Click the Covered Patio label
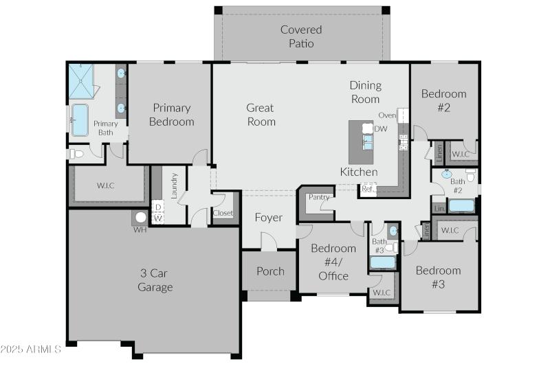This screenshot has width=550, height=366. click(301, 36)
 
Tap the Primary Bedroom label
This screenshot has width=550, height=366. click(172, 115)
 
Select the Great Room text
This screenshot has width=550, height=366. click(261, 115)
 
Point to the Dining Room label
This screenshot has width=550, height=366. click(365, 92)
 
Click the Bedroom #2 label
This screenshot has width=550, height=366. click(443, 100)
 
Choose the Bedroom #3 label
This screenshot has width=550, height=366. click(438, 277)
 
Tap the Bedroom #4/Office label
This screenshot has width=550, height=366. click(333, 262)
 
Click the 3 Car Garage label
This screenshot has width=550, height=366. click(155, 280)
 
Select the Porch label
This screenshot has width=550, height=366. click(270, 271)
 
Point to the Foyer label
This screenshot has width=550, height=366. click(268, 218)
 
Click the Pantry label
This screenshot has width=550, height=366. click(318, 197)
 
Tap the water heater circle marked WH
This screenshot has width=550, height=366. click(141, 218)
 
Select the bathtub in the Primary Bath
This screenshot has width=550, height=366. click(80, 120)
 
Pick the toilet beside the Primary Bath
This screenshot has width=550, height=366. click(76, 154)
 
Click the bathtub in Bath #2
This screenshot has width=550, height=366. click(461, 205)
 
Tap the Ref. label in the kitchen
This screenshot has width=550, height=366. click(368, 188)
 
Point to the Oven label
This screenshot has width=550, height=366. click(387, 115)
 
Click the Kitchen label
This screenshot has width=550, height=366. click(359, 172)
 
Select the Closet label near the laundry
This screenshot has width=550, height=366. click(223, 214)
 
